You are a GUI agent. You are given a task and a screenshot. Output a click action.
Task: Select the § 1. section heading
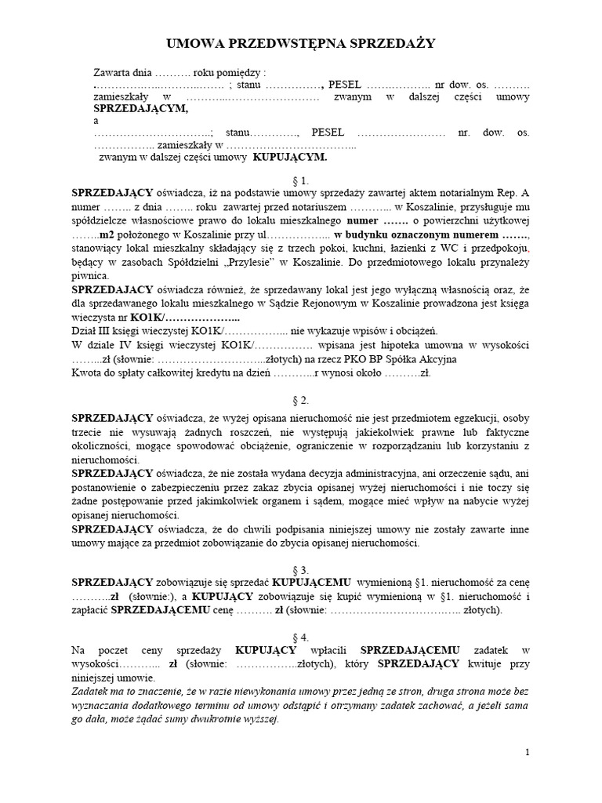(300, 180)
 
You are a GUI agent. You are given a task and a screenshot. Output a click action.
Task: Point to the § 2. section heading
(300, 399)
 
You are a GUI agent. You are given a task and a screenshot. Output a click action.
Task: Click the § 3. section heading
(300, 569)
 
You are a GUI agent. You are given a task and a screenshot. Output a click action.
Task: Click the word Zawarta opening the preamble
(114, 71)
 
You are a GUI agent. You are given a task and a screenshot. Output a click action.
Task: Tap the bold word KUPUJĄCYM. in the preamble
(289, 157)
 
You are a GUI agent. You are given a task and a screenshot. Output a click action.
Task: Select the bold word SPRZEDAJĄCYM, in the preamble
(141, 109)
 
